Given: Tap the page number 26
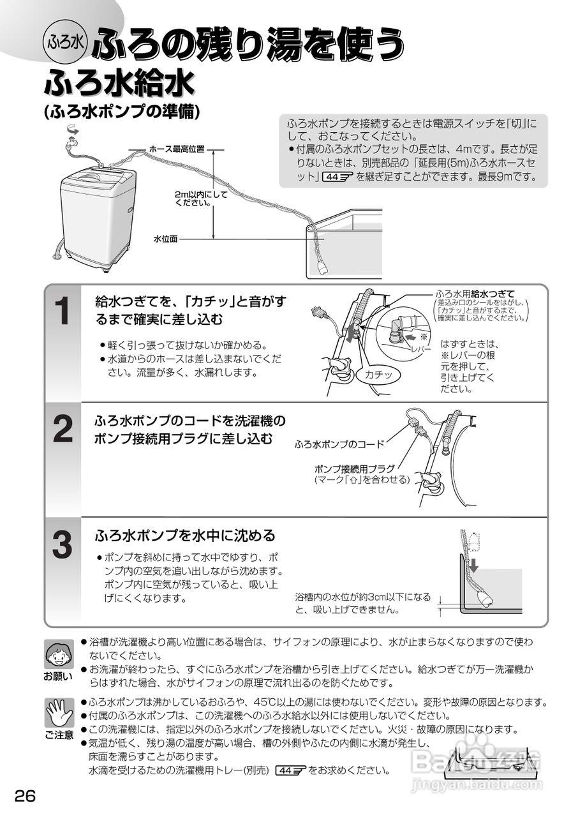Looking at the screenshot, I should [x=22, y=796].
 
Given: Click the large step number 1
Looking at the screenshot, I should [x=63, y=313].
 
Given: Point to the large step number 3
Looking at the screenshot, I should [x=63, y=544].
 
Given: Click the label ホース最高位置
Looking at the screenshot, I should [x=177, y=149].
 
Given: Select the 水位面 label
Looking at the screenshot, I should [x=165, y=239].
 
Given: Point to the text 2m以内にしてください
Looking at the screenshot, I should [x=200, y=198].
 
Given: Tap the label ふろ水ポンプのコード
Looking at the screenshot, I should [x=339, y=444].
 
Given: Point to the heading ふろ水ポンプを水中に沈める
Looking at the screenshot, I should [x=185, y=535].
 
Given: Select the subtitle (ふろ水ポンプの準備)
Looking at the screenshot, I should [x=122, y=111].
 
